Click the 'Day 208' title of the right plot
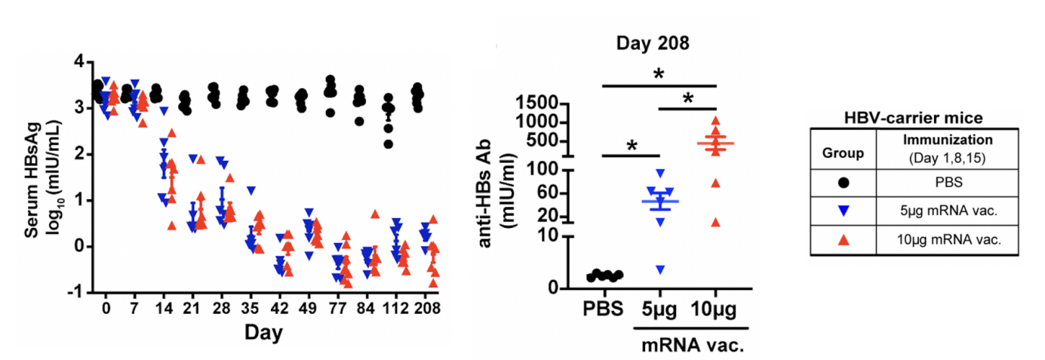(x=651, y=44)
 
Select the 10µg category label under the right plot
(x=714, y=311)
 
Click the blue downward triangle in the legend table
(x=843, y=211)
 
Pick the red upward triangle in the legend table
(x=843, y=239)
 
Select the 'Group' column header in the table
(x=843, y=153)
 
